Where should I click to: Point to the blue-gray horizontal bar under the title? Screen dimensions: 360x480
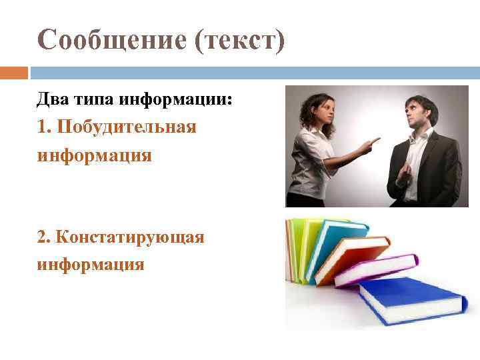point(253,73)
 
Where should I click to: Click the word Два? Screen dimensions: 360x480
point(51,100)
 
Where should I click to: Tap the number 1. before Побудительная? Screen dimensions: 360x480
point(45,127)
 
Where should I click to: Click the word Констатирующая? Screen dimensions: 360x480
point(131,237)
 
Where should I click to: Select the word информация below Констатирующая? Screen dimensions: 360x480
point(91,265)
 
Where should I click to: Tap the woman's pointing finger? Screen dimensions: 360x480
point(375,141)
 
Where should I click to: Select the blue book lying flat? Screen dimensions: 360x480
point(410,300)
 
